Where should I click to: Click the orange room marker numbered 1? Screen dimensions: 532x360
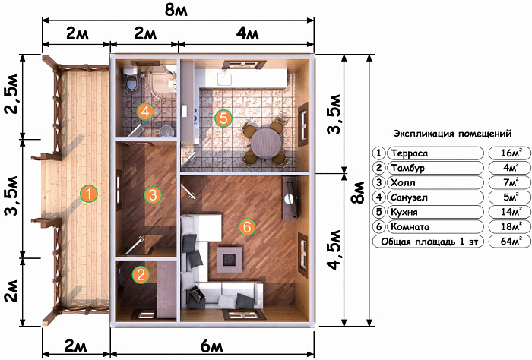(89, 194)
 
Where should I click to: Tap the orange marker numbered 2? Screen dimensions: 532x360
(141, 274)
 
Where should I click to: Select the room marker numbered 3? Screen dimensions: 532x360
(153, 195)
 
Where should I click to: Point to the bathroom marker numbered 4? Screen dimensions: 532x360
(145, 112)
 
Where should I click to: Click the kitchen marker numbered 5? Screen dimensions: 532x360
(223, 118)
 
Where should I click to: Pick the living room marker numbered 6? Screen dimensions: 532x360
(247, 226)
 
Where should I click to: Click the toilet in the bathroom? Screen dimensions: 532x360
(130, 79)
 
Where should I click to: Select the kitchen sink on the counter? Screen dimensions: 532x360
(224, 78)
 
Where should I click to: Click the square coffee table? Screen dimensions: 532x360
(230, 259)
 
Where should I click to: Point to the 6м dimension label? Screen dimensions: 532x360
(212, 346)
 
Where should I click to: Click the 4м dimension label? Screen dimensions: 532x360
(247, 33)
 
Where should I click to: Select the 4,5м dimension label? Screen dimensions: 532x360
(334, 250)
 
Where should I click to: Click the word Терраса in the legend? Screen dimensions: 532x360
(410, 153)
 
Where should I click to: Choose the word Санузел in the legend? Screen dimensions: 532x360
(409, 197)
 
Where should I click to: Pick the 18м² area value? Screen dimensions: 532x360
(510, 226)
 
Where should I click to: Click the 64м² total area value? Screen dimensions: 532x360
(510, 241)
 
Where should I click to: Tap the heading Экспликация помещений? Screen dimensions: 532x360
(453, 133)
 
